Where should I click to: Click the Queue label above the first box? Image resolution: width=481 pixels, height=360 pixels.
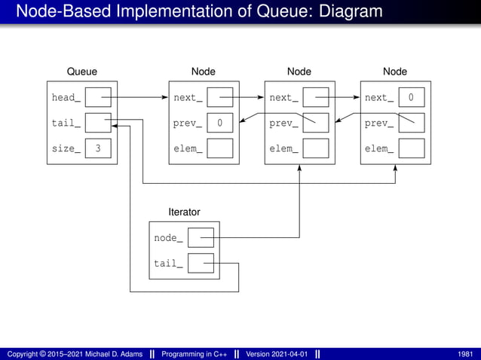coord(82,72)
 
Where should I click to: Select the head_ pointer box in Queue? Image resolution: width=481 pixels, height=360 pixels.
coord(98,97)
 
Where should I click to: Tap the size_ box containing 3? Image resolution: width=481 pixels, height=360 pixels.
coord(98,148)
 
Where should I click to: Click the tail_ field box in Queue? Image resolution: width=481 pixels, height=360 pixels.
coord(98,123)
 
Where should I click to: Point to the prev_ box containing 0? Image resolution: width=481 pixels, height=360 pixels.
coord(219,123)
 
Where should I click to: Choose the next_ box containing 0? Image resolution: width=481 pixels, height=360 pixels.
coord(411,97)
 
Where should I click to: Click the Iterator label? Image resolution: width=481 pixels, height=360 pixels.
coord(184,212)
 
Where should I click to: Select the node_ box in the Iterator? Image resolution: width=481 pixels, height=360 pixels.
coord(201,238)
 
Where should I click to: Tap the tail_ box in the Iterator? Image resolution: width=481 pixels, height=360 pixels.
coord(201,263)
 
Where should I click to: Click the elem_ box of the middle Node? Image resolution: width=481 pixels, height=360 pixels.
coord(316,148)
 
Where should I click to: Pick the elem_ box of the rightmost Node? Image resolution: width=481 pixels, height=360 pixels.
coord(411,148)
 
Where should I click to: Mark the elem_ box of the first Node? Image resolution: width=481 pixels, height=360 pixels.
coord(219,148)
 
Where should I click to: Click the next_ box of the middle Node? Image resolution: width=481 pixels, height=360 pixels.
coord(316,97)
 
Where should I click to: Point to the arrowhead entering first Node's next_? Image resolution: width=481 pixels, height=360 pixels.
coord(164,97)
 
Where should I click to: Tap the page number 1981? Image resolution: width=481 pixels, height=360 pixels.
coord(465,354)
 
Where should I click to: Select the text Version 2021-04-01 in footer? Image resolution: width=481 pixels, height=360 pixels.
coord(277,354)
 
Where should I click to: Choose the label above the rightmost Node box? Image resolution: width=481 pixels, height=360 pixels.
coord(395,72)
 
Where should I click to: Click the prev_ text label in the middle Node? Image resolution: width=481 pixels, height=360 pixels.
coord(283,123)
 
